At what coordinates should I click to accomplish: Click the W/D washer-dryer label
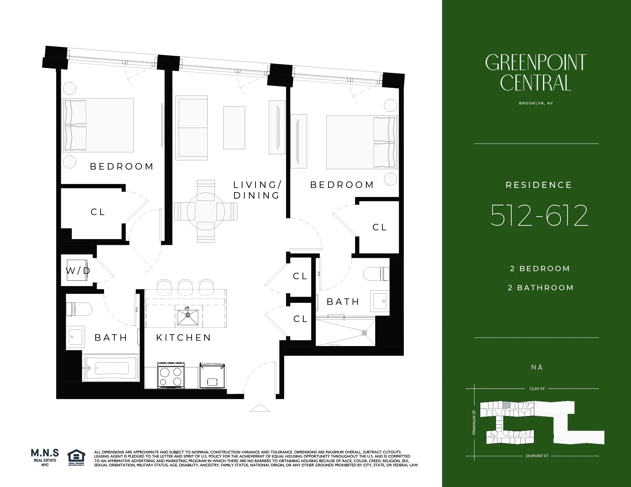coord(78,271)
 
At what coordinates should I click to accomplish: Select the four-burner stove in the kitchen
coord(171,377)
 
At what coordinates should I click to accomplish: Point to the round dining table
coord(206,211)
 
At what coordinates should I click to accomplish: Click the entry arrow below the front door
coord(260,408)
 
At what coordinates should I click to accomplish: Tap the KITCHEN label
coord(184,338)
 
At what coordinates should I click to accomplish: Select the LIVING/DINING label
coord(257,190)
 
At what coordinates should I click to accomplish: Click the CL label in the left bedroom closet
coord(98,212)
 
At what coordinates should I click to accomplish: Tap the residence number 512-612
coord(539,216)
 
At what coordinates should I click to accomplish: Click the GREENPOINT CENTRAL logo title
coord(536,73)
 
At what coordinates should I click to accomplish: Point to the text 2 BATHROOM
coord(540,288)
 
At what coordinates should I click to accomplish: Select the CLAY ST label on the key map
coord(537,388)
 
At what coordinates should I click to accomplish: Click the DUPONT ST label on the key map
coord(537,456)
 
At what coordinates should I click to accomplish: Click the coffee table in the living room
coord(234,128)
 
